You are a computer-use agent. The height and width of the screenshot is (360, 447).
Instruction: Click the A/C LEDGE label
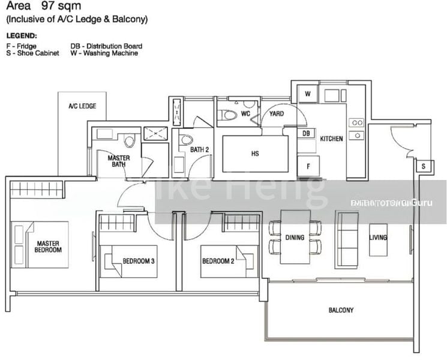click(82, 106)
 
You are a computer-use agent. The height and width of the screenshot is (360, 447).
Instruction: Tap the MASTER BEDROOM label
click(49, 247)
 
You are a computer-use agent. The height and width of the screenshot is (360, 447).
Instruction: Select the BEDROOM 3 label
click(139, 261)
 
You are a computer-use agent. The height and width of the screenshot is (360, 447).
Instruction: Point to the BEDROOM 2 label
click(217, 261)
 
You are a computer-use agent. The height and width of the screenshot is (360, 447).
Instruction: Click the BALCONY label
click(341, 310)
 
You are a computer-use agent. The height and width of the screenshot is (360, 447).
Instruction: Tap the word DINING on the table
click(295, 238)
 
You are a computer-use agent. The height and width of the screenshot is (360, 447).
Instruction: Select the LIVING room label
click(379, 238)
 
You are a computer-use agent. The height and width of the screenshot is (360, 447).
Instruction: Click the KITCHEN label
click(332, 139)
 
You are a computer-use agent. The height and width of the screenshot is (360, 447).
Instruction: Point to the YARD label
click(277, 113)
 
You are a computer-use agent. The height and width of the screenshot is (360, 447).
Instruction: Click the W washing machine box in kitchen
click(307, 94)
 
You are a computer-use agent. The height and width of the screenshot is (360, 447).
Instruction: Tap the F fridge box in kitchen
click(308, 166)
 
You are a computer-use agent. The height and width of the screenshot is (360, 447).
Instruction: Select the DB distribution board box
click(306, 133)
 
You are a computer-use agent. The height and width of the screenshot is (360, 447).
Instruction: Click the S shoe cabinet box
click(424, 166)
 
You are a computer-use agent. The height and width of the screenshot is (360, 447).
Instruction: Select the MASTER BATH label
click(119, 161)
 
